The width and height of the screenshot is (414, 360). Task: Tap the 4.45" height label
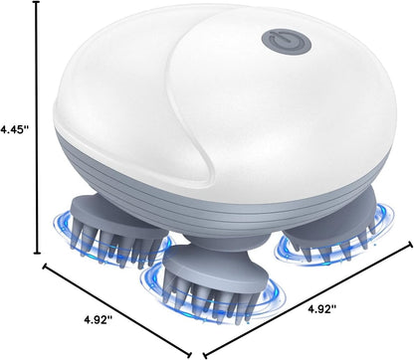[x=17, y=129]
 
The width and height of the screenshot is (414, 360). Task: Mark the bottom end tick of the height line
[x=39, y=254]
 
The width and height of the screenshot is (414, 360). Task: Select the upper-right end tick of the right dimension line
[x=409, y=241]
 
